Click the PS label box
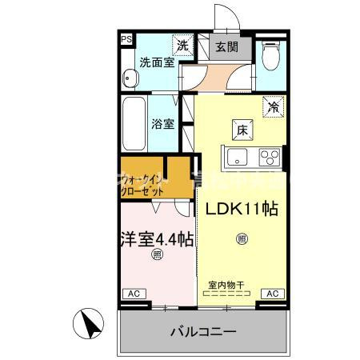coord(126,38)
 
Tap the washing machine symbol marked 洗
coord(184,46)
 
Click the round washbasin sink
coord(130,78)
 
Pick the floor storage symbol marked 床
coord(240,127)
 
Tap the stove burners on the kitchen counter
coord(271,154)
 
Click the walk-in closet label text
coord(144,186)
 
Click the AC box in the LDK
coord(272,294)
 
